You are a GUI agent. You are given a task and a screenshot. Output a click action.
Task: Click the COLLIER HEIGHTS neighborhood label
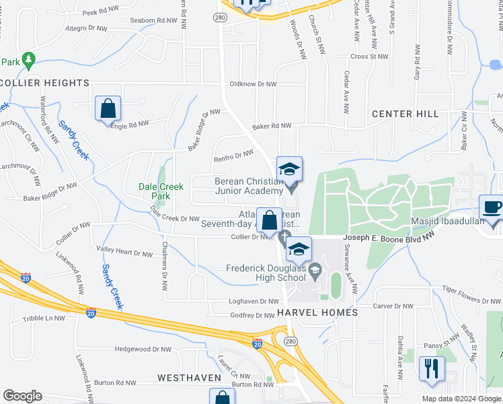tap(44, 83)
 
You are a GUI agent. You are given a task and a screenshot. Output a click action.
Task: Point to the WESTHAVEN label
tap(185, 378)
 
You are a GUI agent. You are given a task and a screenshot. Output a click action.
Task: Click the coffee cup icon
tap(490, 207)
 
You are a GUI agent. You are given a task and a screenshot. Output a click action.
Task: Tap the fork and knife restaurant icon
tap(430, 368)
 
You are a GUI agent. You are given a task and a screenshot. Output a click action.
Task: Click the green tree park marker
tap(28, 61)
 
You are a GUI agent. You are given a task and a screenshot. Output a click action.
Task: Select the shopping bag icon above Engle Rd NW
tap(108, 108)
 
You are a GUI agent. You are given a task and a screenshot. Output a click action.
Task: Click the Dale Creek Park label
tap(159, 191)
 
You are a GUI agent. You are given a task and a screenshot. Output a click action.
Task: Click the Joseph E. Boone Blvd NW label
tap(389, 238)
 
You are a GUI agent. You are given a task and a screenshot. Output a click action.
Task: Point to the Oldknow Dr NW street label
tap(253, 84)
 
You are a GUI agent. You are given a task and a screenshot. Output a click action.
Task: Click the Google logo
tap(22, 396)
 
